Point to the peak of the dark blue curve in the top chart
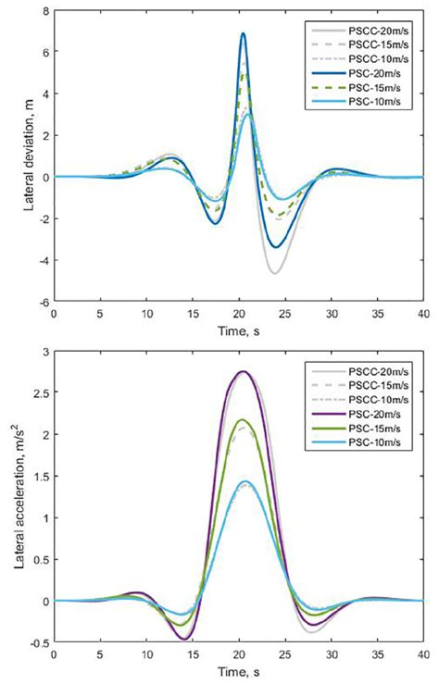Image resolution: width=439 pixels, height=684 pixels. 243,33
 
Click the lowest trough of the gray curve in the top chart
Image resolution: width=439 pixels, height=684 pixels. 275,273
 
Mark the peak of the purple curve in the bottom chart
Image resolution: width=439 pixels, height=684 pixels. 243,371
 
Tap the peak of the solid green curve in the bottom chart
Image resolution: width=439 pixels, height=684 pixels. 243,419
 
